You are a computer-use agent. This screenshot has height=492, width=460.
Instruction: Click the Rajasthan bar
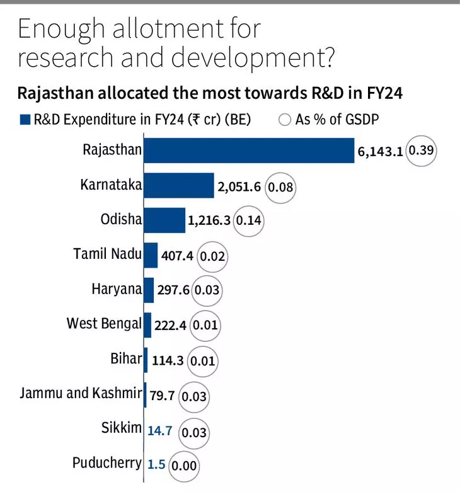tap(250, 151)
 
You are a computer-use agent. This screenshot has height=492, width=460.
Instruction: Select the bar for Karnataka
tap(179, 186)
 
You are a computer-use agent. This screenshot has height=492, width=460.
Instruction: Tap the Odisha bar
tap(164, 220)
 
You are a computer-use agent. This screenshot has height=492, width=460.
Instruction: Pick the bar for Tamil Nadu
tap(151, 255)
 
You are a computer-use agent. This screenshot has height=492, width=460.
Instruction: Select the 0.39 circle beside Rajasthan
tap(421, 152)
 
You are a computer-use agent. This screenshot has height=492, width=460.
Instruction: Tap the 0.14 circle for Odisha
tap(248, 222)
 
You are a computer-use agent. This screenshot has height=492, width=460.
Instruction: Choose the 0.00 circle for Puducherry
tap(185, 466)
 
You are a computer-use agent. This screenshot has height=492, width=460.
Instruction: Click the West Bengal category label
tap(104, 324)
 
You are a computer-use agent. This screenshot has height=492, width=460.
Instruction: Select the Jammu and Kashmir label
tap(81, 394)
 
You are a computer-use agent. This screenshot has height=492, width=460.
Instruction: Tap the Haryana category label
tap(117, 289)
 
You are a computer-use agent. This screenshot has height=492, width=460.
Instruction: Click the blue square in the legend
tap(25, 120)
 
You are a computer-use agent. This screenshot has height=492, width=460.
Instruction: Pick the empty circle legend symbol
tap(285, 120)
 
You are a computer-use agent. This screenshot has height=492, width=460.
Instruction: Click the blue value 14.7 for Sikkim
tap(159, 432)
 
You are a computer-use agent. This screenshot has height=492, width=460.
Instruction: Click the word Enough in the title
tap(59, 30)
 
